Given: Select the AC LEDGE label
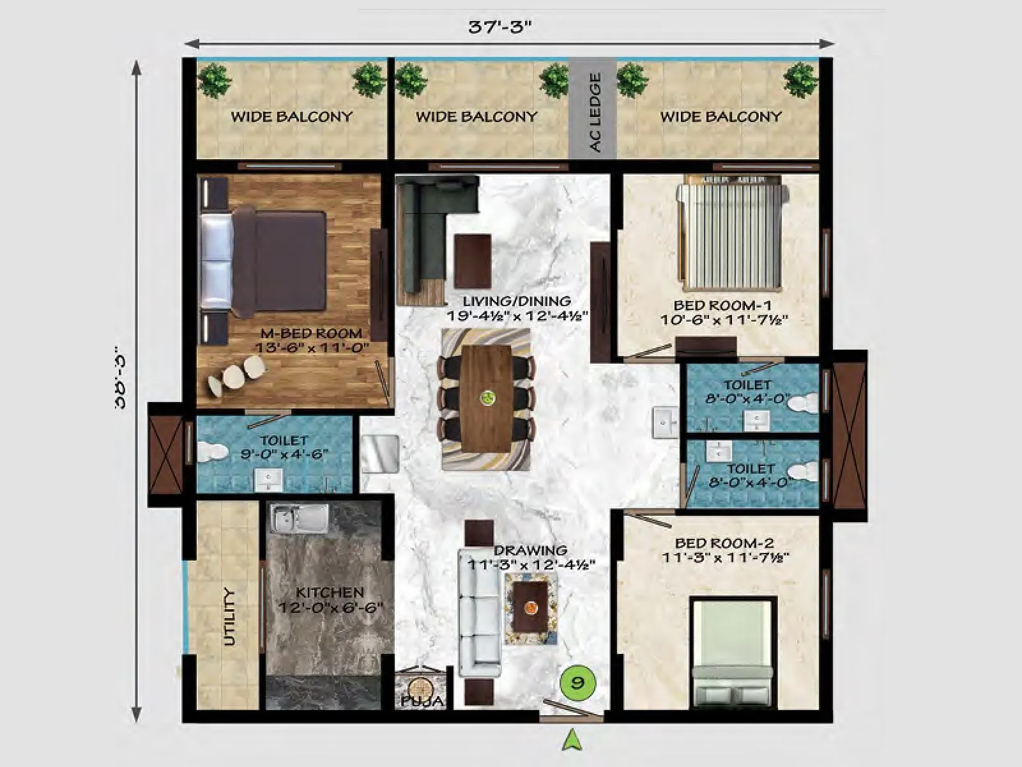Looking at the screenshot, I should [x=595, y=112].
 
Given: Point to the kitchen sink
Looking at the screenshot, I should [x=298, y=517].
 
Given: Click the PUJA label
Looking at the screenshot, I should [x=422, y=701].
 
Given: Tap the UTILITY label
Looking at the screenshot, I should [x=229, y=617].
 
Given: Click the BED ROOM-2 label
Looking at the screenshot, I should [x=724, y=543].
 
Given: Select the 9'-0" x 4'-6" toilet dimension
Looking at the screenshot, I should [x=284, y=454].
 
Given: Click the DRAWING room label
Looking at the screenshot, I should [x=530, y=550].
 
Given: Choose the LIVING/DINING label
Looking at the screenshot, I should [x=517, y=301].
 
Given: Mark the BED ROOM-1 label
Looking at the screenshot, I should [x=723, y=306].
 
